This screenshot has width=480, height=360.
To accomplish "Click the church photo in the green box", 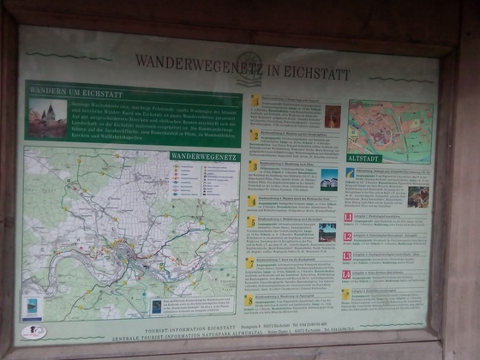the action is click(x=47, y=117).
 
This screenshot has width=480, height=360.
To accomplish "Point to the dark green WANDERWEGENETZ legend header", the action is click(x=205, y=156).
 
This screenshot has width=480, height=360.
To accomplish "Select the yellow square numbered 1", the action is click(x=255, y=101).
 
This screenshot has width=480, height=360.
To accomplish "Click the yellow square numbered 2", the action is click(x=255, y=134).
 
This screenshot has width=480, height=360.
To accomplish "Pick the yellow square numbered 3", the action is click(x=253, y=165).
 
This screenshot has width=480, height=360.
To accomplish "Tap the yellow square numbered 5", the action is click(x=251, y=222).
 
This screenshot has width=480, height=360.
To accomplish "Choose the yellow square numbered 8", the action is click(x=249, y=300).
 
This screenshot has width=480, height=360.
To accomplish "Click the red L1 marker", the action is click(x=348, y=218).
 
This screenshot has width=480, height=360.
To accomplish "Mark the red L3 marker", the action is click(x=347, y=256).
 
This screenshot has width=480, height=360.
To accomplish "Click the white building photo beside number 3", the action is click(x=329, y=179).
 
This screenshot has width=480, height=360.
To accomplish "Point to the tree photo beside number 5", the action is click(x=327, y=232).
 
